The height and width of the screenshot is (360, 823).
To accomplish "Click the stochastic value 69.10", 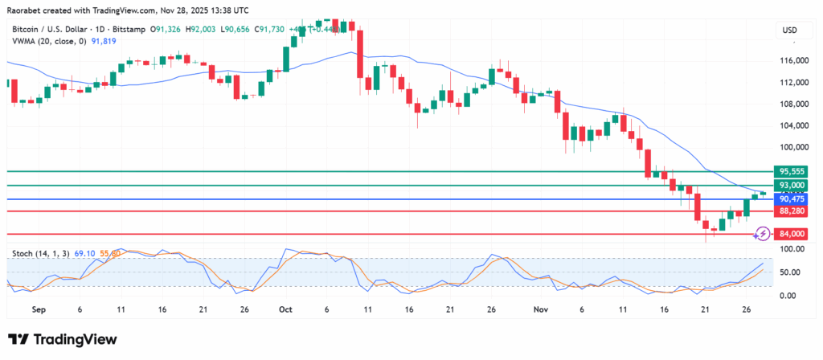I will click(x=84, y=253).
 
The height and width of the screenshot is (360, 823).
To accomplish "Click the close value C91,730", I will click(x=271, y=30).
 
